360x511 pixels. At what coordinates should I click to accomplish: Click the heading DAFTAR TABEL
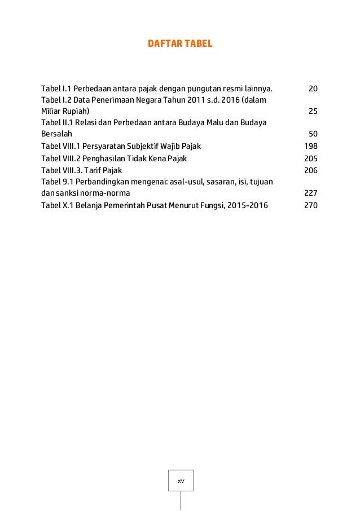pos(180,43)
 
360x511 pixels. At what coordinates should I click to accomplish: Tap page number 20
pos(313,89)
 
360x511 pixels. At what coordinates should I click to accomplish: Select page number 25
pos(313,111)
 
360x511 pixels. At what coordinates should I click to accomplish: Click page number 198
pos(311,146)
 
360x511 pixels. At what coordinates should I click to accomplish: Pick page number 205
pos(311,158)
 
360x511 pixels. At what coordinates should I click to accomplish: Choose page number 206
pos(311,170)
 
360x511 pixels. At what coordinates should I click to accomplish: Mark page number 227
pos(311,193)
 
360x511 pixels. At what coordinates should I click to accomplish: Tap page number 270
pos(311,205)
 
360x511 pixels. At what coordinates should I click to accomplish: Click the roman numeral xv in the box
pos(181,481)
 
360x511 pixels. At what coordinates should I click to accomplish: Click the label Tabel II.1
pos(56,123)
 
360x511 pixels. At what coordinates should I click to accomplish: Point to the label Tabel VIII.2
pos(60,158)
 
